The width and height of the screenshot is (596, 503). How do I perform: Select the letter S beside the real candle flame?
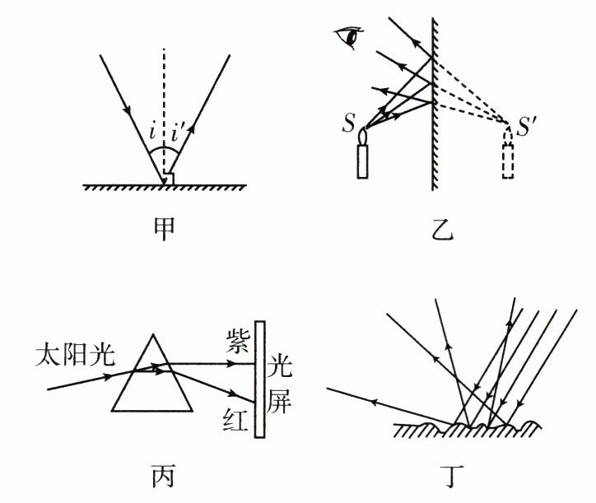click(x=349, y=127)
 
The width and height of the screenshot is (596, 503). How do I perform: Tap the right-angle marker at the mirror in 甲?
click(x=170, y=179)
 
